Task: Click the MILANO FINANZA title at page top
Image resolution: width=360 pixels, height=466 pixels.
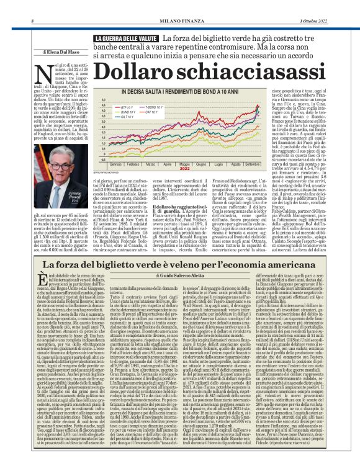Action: click(179, 5)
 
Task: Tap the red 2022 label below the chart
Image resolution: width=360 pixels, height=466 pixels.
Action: click(184, 168)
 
